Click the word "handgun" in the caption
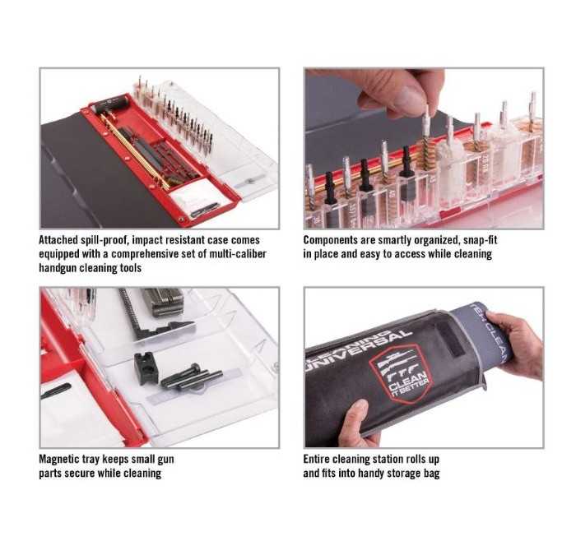[58, 268]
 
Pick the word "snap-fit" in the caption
[480, 240]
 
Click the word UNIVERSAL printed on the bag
[358, 350]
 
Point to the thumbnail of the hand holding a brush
[424, 148]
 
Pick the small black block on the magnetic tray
[146, 368]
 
